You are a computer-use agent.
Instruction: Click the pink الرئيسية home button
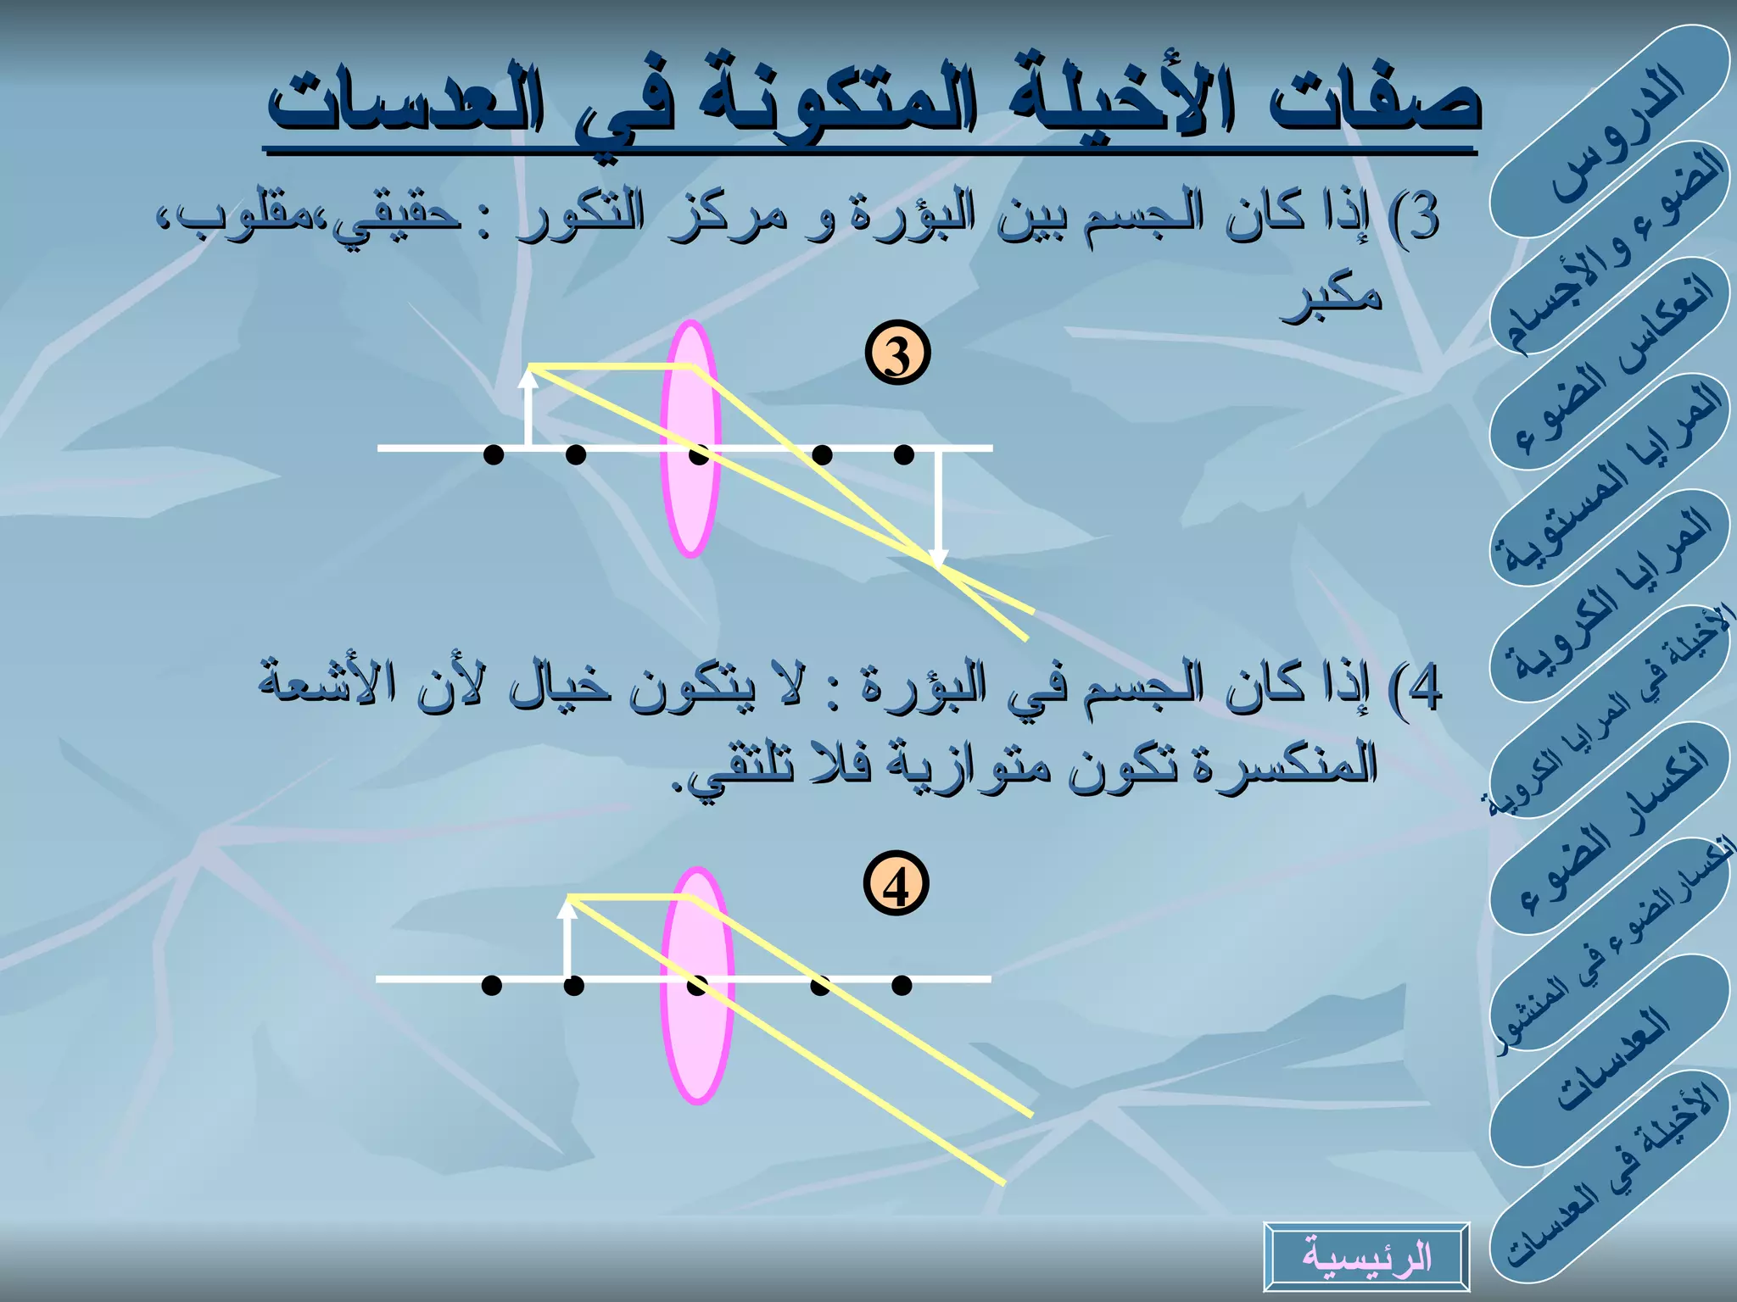(1366, 1256)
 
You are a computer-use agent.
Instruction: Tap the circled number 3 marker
(897, 354)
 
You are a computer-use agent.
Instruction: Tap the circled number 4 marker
(896, 886)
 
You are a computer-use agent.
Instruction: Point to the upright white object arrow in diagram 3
(528, 411)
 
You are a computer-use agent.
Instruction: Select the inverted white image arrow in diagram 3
(937, 509)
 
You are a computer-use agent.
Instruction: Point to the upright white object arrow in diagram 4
(567, 941)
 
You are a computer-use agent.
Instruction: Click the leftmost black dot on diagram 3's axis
(493, 455)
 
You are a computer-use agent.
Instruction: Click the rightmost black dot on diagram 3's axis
(904, 455)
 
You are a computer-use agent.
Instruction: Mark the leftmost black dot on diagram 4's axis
(491, 985)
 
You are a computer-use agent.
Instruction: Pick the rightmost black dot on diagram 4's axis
(902, 985)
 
